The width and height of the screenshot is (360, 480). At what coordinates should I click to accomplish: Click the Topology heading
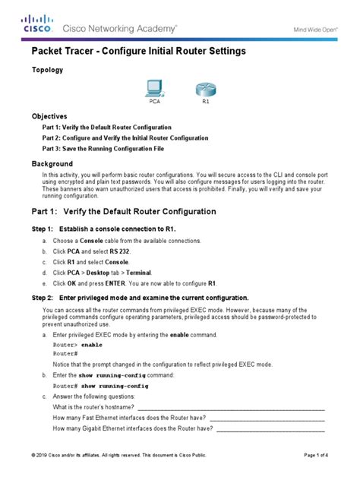46,69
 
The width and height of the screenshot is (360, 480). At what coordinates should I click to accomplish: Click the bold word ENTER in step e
118,282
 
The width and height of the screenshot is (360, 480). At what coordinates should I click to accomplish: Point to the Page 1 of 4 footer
316,455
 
